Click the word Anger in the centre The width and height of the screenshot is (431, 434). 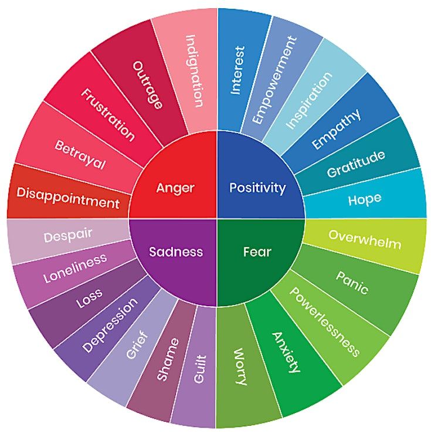click(175, 188)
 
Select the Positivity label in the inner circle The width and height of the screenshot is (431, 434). click(257, 188)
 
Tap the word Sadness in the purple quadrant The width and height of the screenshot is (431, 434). click(176, 252)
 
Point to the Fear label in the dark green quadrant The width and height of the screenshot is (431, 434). click(257, 252)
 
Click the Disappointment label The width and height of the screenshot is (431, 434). click(68, 198)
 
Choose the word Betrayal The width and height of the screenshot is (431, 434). click(80, 154)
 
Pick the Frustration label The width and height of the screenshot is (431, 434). click(108, 115)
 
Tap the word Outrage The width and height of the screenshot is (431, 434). click(148, 84)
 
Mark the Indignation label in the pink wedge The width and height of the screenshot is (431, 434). click(195, 71)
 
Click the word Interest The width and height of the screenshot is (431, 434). click(238, 70)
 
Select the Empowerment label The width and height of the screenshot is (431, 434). click(274, 80)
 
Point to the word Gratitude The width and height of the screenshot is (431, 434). click(356, 164)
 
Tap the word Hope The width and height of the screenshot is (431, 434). click(365, 199)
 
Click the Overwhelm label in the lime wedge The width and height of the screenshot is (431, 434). click(365, 239)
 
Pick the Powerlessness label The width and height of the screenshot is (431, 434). click(324, 321)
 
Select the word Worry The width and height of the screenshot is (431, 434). click(240, 367)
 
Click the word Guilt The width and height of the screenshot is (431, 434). click(200, 369)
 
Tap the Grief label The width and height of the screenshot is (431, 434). click(137, 345)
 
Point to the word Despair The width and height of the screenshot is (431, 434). click(68, 236)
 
